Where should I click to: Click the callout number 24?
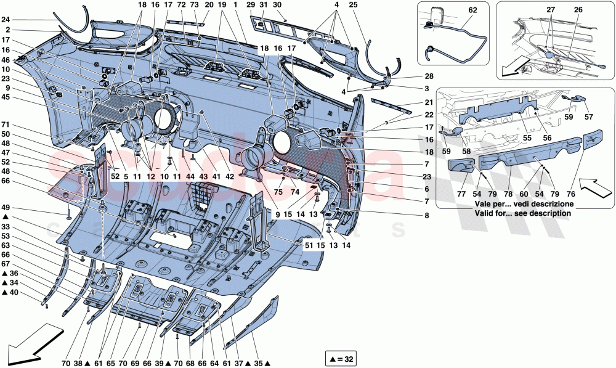tap(7, 20)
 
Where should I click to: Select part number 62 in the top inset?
tap(472, 10)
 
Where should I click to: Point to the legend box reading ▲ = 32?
tap(340, 358)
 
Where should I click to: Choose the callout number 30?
tap(277, 5)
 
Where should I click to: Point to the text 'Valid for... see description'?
tap(522, 213)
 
